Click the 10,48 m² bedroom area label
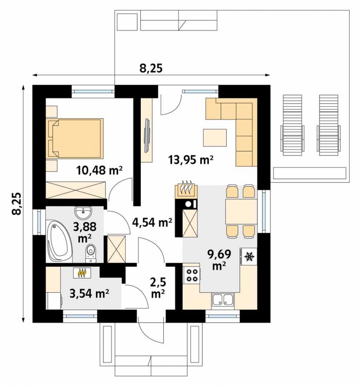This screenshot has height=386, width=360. pos(99,170)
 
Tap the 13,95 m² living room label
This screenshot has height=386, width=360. pos(190,160)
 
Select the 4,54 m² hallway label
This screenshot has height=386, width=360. pos(152,222)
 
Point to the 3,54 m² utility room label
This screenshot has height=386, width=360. pos(90,293)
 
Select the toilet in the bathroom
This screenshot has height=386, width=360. pos(91,253)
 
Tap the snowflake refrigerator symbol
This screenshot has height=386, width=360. pos(249,257)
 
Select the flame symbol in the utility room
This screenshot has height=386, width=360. pos(82,273)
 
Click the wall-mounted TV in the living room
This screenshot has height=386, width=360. pos(147,135)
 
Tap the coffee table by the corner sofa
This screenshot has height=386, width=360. pos(215,137)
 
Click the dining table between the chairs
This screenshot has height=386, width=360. pos(241,211)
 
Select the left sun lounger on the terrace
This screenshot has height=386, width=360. pos(292,125)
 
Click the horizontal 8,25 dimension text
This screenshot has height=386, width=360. pos(152,69)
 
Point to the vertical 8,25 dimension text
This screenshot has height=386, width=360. pos(17,204)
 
